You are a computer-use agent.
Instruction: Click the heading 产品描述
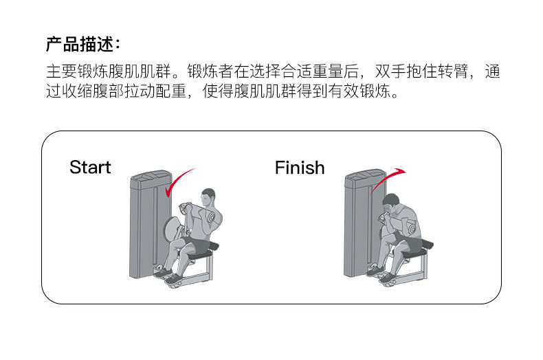click(82, 45)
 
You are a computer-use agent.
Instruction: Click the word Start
click(90, 167)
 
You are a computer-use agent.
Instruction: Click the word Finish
click(300, 167)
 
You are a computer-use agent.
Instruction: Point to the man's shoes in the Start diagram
click(168, 276)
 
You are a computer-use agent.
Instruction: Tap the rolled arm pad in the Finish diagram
click(410, 227)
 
